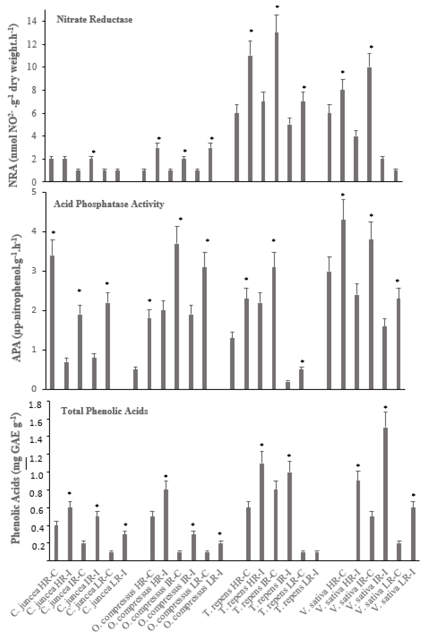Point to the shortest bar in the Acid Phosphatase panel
[288, 385]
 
